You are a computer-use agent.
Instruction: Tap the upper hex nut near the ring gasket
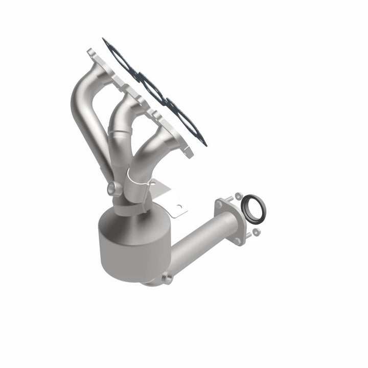click(x=238, y=195)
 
